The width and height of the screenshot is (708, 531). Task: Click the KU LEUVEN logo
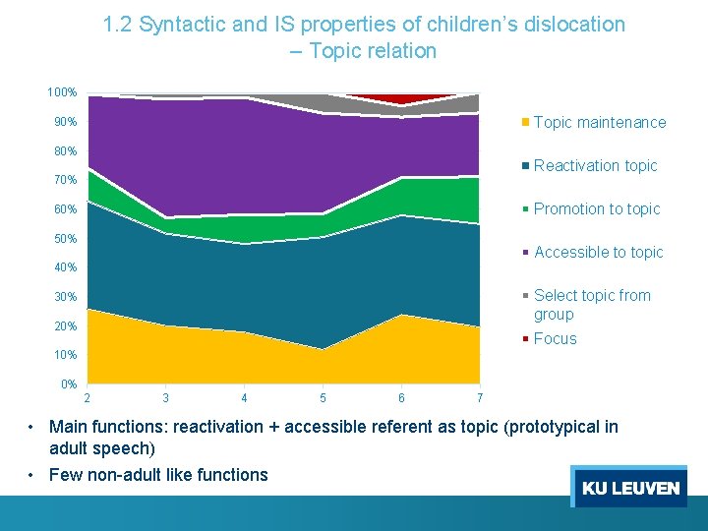pyautogui.click(x=629, y=488)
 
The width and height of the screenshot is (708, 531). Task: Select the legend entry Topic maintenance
pyautogui.click(x=599, y=123)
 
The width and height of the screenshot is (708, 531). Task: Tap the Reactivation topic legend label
pyautogui.click(x=595, y=166)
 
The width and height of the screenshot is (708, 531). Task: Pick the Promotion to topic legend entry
pyautogui.click(x=597, y=209)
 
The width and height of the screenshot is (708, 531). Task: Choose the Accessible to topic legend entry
pyautogui.click(x=598, y=253)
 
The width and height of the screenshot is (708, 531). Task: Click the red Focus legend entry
pyautogui.click(x=555, y=339)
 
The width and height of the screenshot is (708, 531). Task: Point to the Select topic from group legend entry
pyautogui.click(x=591, y=305)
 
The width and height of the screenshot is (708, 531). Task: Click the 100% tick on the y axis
pyautogui.click(x=62, y=92)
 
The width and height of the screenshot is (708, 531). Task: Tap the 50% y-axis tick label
pyautogui.click(x=65, y=239)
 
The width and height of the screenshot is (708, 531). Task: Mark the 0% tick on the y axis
pyautogui.click(x=68, y=383)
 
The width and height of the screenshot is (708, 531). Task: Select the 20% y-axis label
pyautogui.click(x=65, y=326)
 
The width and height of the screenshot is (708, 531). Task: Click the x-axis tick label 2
pyautogui.click(x=88, y=398)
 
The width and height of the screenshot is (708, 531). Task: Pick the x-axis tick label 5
pyautogui.click(x=323, y=398)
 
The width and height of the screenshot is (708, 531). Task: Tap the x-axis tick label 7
pyautogui.click(x=479, y=398)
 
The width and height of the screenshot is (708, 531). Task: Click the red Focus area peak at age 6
pyautogui.click(x=399, y=99)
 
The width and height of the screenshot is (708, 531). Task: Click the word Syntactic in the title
pyautogui.click(x=185, y=25)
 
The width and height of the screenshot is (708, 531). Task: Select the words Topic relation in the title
pyautogui.click(x=373, y=51)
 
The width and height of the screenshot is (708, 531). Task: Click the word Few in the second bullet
pyautogui.click(x=66, y=475)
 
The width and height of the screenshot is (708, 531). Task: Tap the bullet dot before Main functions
pyautogui.click(x=33, y=427)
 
